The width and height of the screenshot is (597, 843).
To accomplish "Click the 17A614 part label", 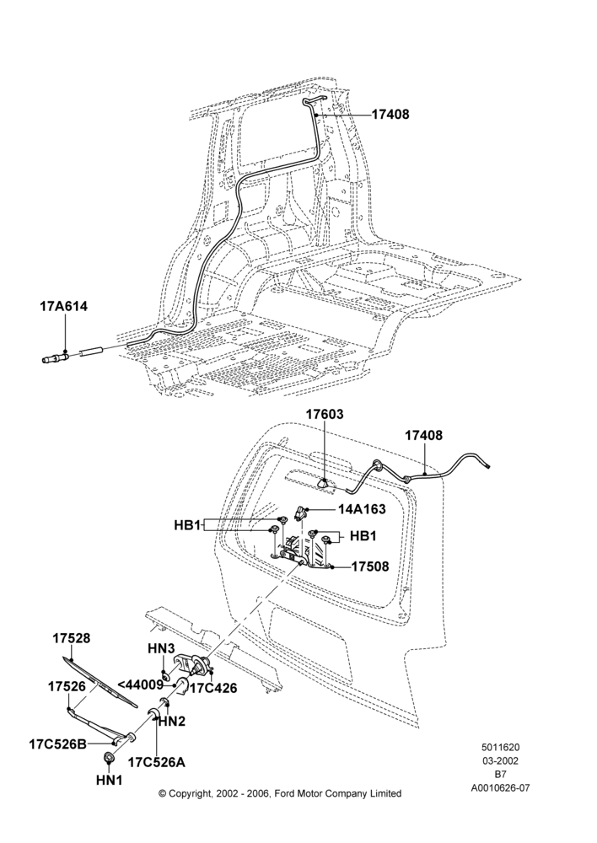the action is tap(63, 307).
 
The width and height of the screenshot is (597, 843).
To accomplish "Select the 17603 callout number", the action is tap(325, 415).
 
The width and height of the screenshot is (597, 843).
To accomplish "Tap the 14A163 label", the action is tap(362, 508).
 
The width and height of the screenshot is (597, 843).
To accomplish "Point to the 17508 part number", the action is tap(370, 566).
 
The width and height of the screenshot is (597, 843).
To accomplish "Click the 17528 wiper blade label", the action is tap(72, 639).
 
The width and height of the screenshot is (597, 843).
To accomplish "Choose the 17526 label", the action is tap(67, 686).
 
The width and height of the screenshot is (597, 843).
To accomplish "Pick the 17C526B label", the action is tap(57, 744).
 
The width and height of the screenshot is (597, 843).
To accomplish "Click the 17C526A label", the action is tap(156, 762).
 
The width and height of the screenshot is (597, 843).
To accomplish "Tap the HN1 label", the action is tap(109, 780).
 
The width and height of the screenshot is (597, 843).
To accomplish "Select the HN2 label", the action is tap(172, 722).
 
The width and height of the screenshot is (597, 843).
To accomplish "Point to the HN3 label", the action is tap(161, 649).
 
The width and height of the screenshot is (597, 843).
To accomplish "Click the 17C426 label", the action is tap(212, 688).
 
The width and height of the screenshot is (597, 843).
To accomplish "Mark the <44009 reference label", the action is tap(139, 685).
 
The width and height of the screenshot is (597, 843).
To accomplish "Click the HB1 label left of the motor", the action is tap(187, 524).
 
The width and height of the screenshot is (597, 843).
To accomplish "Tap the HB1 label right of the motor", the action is tap(363, 536).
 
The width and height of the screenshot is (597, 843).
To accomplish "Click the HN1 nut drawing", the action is tap(110, 758).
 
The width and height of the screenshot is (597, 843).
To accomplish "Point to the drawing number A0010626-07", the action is tap(500, 789).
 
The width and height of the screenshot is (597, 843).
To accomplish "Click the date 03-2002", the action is tap(500, 761).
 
